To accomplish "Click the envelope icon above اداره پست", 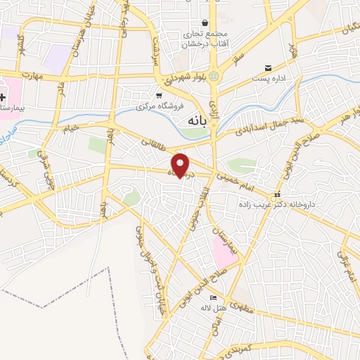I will point(268,68).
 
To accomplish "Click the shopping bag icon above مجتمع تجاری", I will point(205,22).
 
